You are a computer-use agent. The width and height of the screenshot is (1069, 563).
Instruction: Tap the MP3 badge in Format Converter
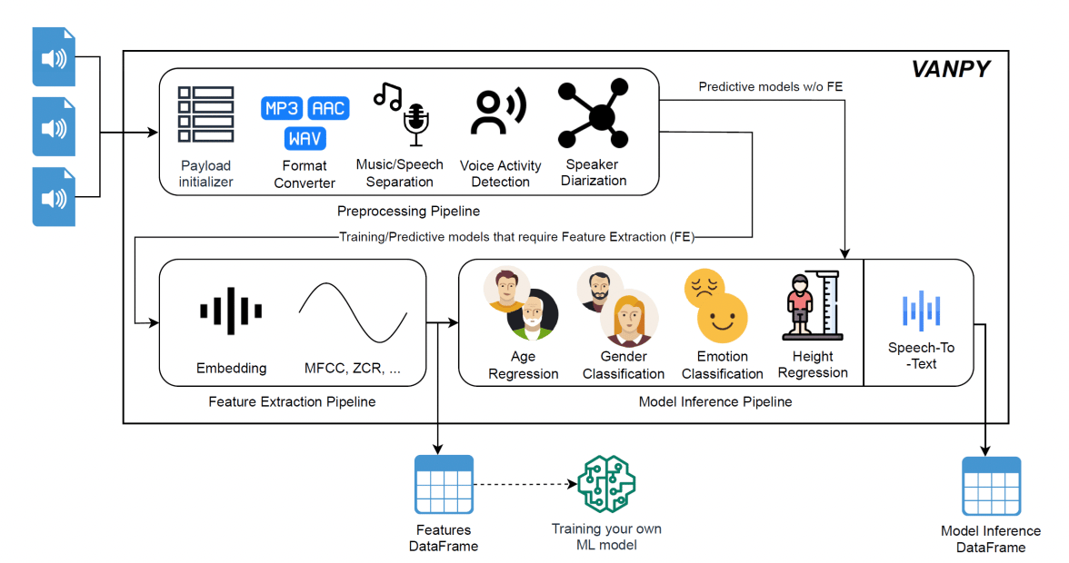coord(282,109)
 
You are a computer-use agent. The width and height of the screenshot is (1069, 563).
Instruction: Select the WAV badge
coord(305,139)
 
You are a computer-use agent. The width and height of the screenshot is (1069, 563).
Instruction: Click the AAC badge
coord(328,109)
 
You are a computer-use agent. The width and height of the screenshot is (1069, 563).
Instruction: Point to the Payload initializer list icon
coord(205,114)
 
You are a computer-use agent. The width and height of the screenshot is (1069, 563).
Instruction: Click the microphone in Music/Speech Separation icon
coord(416,123)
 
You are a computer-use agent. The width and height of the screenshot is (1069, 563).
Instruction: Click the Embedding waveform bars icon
coord(231,311)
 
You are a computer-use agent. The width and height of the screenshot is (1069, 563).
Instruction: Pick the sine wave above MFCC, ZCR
coord(353,311)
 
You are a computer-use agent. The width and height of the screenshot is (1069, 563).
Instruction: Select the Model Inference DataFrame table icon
coord(991,486)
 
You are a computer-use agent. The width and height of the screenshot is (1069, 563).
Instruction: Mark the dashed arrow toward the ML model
coord(523,483)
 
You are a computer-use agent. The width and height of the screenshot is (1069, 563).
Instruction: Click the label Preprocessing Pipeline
coord(408,212)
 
